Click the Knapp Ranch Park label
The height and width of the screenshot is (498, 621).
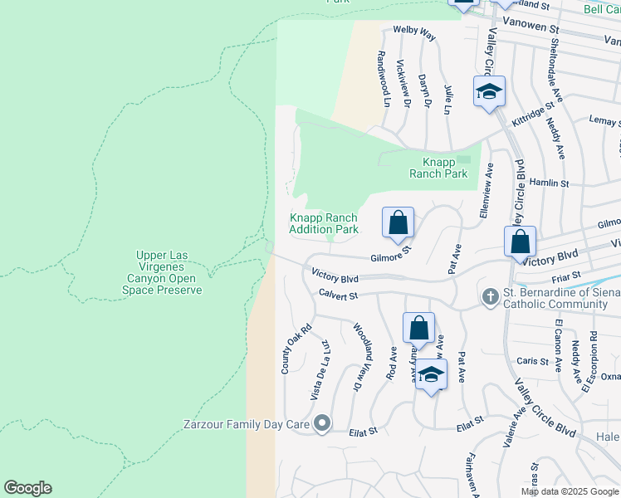coord(438,168)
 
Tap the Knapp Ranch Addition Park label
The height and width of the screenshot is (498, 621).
coord(324,223)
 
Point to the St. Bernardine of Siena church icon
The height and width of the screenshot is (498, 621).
coord(490,296)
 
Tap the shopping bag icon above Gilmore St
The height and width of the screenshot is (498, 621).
coord(399,223)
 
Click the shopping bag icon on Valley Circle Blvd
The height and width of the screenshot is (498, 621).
coord(520,242)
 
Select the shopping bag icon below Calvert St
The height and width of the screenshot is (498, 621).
coord(419,328)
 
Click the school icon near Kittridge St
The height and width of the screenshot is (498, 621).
coord(490,93)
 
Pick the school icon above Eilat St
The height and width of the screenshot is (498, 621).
coord(432,375)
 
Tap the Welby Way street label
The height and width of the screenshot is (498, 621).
coord(414,34)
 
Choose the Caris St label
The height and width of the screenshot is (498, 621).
coord(532,361)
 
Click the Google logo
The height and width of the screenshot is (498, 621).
coord(27,488)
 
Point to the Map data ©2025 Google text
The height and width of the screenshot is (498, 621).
coord(570,491)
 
